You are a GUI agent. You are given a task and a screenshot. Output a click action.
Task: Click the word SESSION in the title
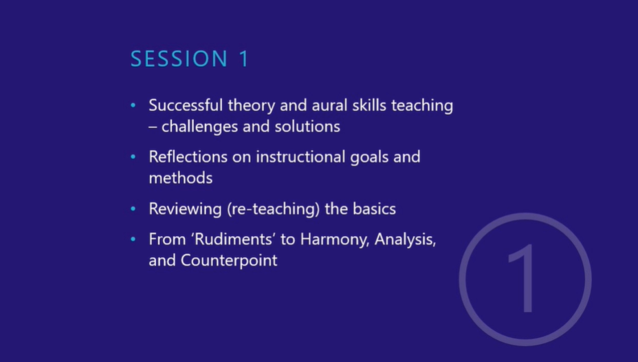click(179, 58)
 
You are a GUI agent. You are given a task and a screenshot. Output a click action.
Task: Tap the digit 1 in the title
click(244, 58)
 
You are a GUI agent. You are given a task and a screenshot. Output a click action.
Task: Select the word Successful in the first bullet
click(186, 105)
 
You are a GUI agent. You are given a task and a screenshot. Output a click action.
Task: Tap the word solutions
click(307, 127)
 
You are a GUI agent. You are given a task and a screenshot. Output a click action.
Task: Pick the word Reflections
click(188, 157)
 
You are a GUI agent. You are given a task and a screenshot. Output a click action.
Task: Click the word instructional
click(300, 157)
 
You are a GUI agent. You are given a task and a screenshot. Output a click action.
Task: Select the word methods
click(181, 178)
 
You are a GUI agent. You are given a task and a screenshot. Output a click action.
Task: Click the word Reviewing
click(185, 209)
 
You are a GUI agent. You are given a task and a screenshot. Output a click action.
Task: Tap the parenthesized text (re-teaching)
click(274, 209)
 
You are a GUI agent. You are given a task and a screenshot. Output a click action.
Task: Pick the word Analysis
click(405, 239)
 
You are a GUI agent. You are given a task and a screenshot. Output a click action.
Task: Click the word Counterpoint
click(229, 261)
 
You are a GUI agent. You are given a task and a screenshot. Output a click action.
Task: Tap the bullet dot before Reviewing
click(133, 209)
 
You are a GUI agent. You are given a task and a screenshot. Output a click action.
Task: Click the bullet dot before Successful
click(133, 105)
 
